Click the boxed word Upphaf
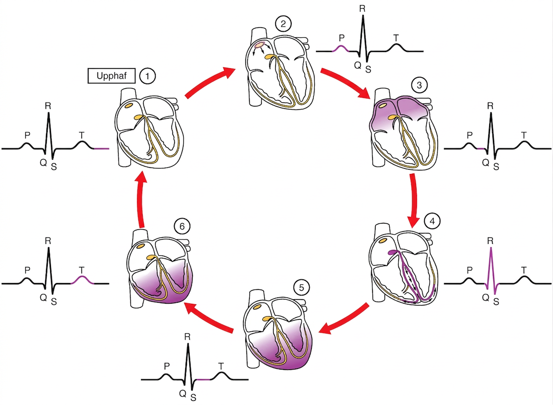tap(112, 76)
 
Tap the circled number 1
tap(147, 76)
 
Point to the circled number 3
tap(419, 85)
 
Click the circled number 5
tap(301, 288)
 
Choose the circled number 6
tap(182, 226)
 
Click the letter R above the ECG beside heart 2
tap(362, 9)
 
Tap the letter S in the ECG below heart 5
tap(193, 397)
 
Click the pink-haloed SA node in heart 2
tap(259, 45)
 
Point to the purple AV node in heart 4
tap(393, 252)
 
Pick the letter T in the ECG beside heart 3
tap(524, 135)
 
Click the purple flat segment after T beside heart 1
tap(102, 149)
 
